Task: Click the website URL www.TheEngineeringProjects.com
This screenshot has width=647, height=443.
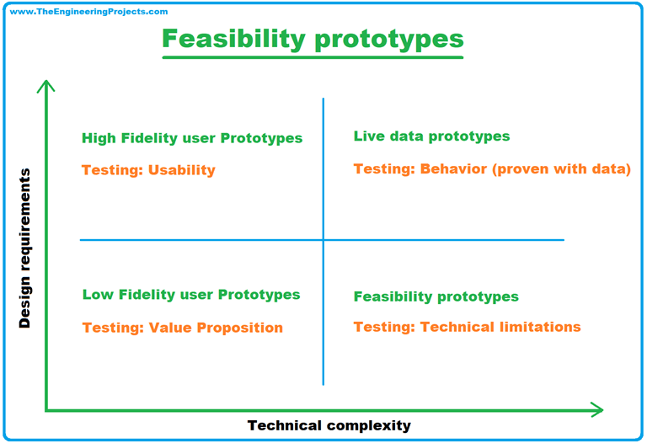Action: pyautogui.click(x=88, y=12)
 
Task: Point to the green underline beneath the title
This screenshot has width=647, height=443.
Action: pyautogui.click(x=313, y=58)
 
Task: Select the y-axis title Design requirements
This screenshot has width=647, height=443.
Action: pyautogui.click(x=24, y=248)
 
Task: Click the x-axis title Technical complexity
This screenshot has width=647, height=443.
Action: pyautogui.click(x=329, y=425)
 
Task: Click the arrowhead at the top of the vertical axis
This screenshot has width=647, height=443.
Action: pyautogui.click(x=47, y=85)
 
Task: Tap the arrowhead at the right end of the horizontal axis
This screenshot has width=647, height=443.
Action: pyautogui.click(x=596, y=410)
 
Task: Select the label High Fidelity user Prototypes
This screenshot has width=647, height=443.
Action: pyautogui.click(x=192, y=138)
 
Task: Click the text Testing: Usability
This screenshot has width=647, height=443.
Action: pyautogui.click(x=148, y=170)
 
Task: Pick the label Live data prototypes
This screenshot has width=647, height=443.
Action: pyautogui.click(x=431, y=136)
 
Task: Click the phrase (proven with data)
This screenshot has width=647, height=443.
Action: pyautogui.click(x=562, y=169)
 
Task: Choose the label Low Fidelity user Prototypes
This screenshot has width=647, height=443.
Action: pyautogui.click(x=191, y=295)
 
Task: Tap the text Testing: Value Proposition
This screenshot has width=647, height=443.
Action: pyautogui.click(x=182, y=328)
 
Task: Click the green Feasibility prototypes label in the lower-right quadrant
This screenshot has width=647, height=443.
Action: pyautogui.click(x=436, y=296)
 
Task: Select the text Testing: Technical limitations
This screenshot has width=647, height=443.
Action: pyautogui.click(x=467, y=327)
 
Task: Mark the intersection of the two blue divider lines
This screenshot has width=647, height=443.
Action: pyautogui.click(x=323, y=240)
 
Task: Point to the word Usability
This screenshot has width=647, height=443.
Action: pyautogui.click(x=181, y=170)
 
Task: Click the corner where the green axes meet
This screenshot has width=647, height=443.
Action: pyautogui.click(x=47, y=410)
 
